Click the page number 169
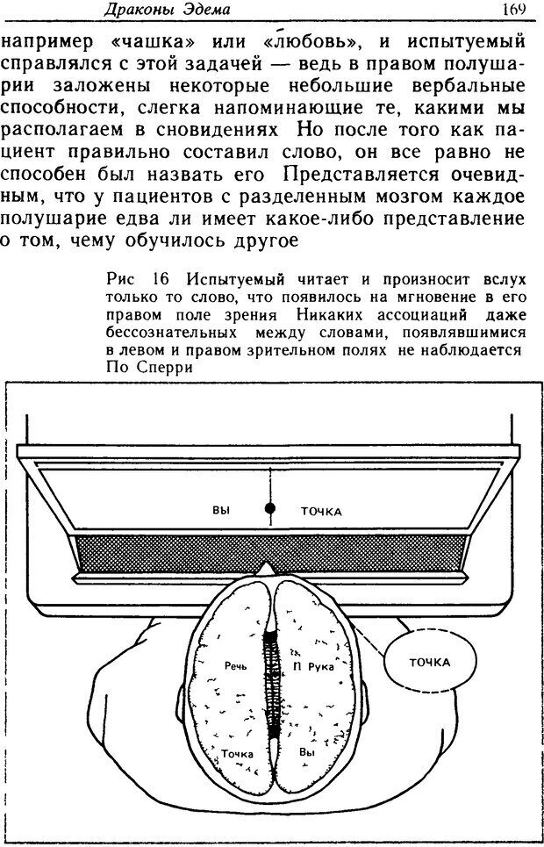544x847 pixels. point(513,11)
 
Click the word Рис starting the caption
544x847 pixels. point(118,279)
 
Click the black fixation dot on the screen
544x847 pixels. point(270,507)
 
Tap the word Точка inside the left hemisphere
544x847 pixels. point(238,753)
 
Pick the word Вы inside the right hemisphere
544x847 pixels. point(307,751)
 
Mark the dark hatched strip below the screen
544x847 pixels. point(270,552)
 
